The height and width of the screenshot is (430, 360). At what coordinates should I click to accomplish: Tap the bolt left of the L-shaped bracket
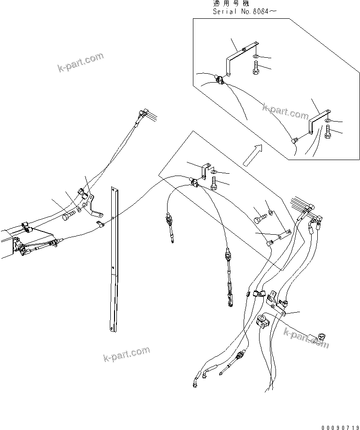pyautogui.click(x=69, y=216)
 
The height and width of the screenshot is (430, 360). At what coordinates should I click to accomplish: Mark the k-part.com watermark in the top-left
pyautogui.click(x=80, y=63)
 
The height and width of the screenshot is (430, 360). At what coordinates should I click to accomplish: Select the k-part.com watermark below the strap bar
pyautogui.click(x=126, y=354)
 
